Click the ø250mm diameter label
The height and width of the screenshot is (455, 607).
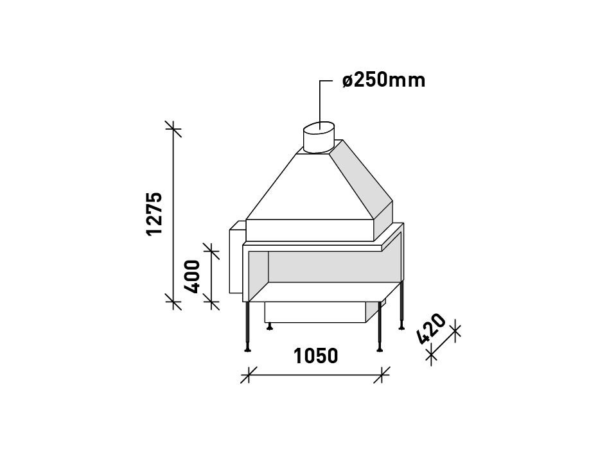383,80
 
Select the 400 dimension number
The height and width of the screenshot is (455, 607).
193,275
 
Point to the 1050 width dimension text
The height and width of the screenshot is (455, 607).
315,356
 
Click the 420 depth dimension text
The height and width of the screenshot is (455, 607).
431,329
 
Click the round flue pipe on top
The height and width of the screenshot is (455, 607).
318,137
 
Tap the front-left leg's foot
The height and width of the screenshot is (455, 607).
247,349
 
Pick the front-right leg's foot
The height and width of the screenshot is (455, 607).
380,349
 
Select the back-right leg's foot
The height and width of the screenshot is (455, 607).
401,327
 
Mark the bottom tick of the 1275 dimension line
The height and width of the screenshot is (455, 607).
173,300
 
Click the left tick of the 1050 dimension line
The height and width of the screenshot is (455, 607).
249,375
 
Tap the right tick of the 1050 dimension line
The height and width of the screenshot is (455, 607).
382,375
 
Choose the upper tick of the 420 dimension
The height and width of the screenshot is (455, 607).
455,332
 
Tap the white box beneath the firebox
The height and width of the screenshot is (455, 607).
315,312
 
